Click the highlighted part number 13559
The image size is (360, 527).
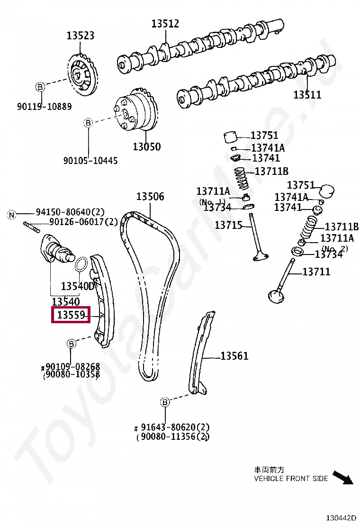click(70, 314)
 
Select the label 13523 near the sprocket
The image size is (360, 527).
click(80, 36)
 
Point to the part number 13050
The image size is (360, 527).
click(146, 147)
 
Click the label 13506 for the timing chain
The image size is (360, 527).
click(150, 197)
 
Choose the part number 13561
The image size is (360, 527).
click(234, 356)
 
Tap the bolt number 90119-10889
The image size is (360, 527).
click(45, 107)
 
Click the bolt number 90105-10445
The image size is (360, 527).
click(90, 161)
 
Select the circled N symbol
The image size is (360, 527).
click(11, 215)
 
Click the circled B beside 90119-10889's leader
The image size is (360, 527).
click(40, 87)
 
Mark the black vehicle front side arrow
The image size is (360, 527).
click(343, 477)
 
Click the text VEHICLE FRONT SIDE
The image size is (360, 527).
click(291, 479)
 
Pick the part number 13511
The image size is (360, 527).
click(307, 95)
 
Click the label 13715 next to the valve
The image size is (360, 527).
click(229, 225)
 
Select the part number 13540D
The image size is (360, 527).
click(78, 286)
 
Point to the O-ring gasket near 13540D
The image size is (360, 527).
click(82, 263)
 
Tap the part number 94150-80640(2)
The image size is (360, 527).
click(70, 212)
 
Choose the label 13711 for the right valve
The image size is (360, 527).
click(316, 272)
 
